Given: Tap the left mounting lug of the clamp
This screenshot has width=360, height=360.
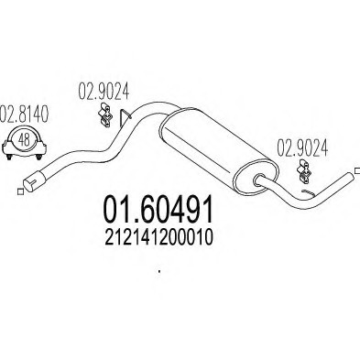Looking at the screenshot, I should pyautogui.click(x=6, y=156).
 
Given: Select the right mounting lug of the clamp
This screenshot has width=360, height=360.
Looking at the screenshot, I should pyautogui.click(x=41, y=156).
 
